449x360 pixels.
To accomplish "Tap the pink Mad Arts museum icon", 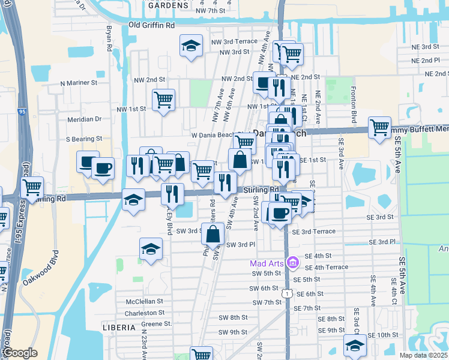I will coord(292,263).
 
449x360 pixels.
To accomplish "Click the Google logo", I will coord(20,353).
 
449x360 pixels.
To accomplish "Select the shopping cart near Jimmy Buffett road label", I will coord(379,127).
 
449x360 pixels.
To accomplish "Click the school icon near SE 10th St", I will coord(355,345).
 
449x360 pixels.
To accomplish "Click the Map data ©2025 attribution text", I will coord(423,355).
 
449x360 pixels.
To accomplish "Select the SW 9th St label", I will coord(233,332).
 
